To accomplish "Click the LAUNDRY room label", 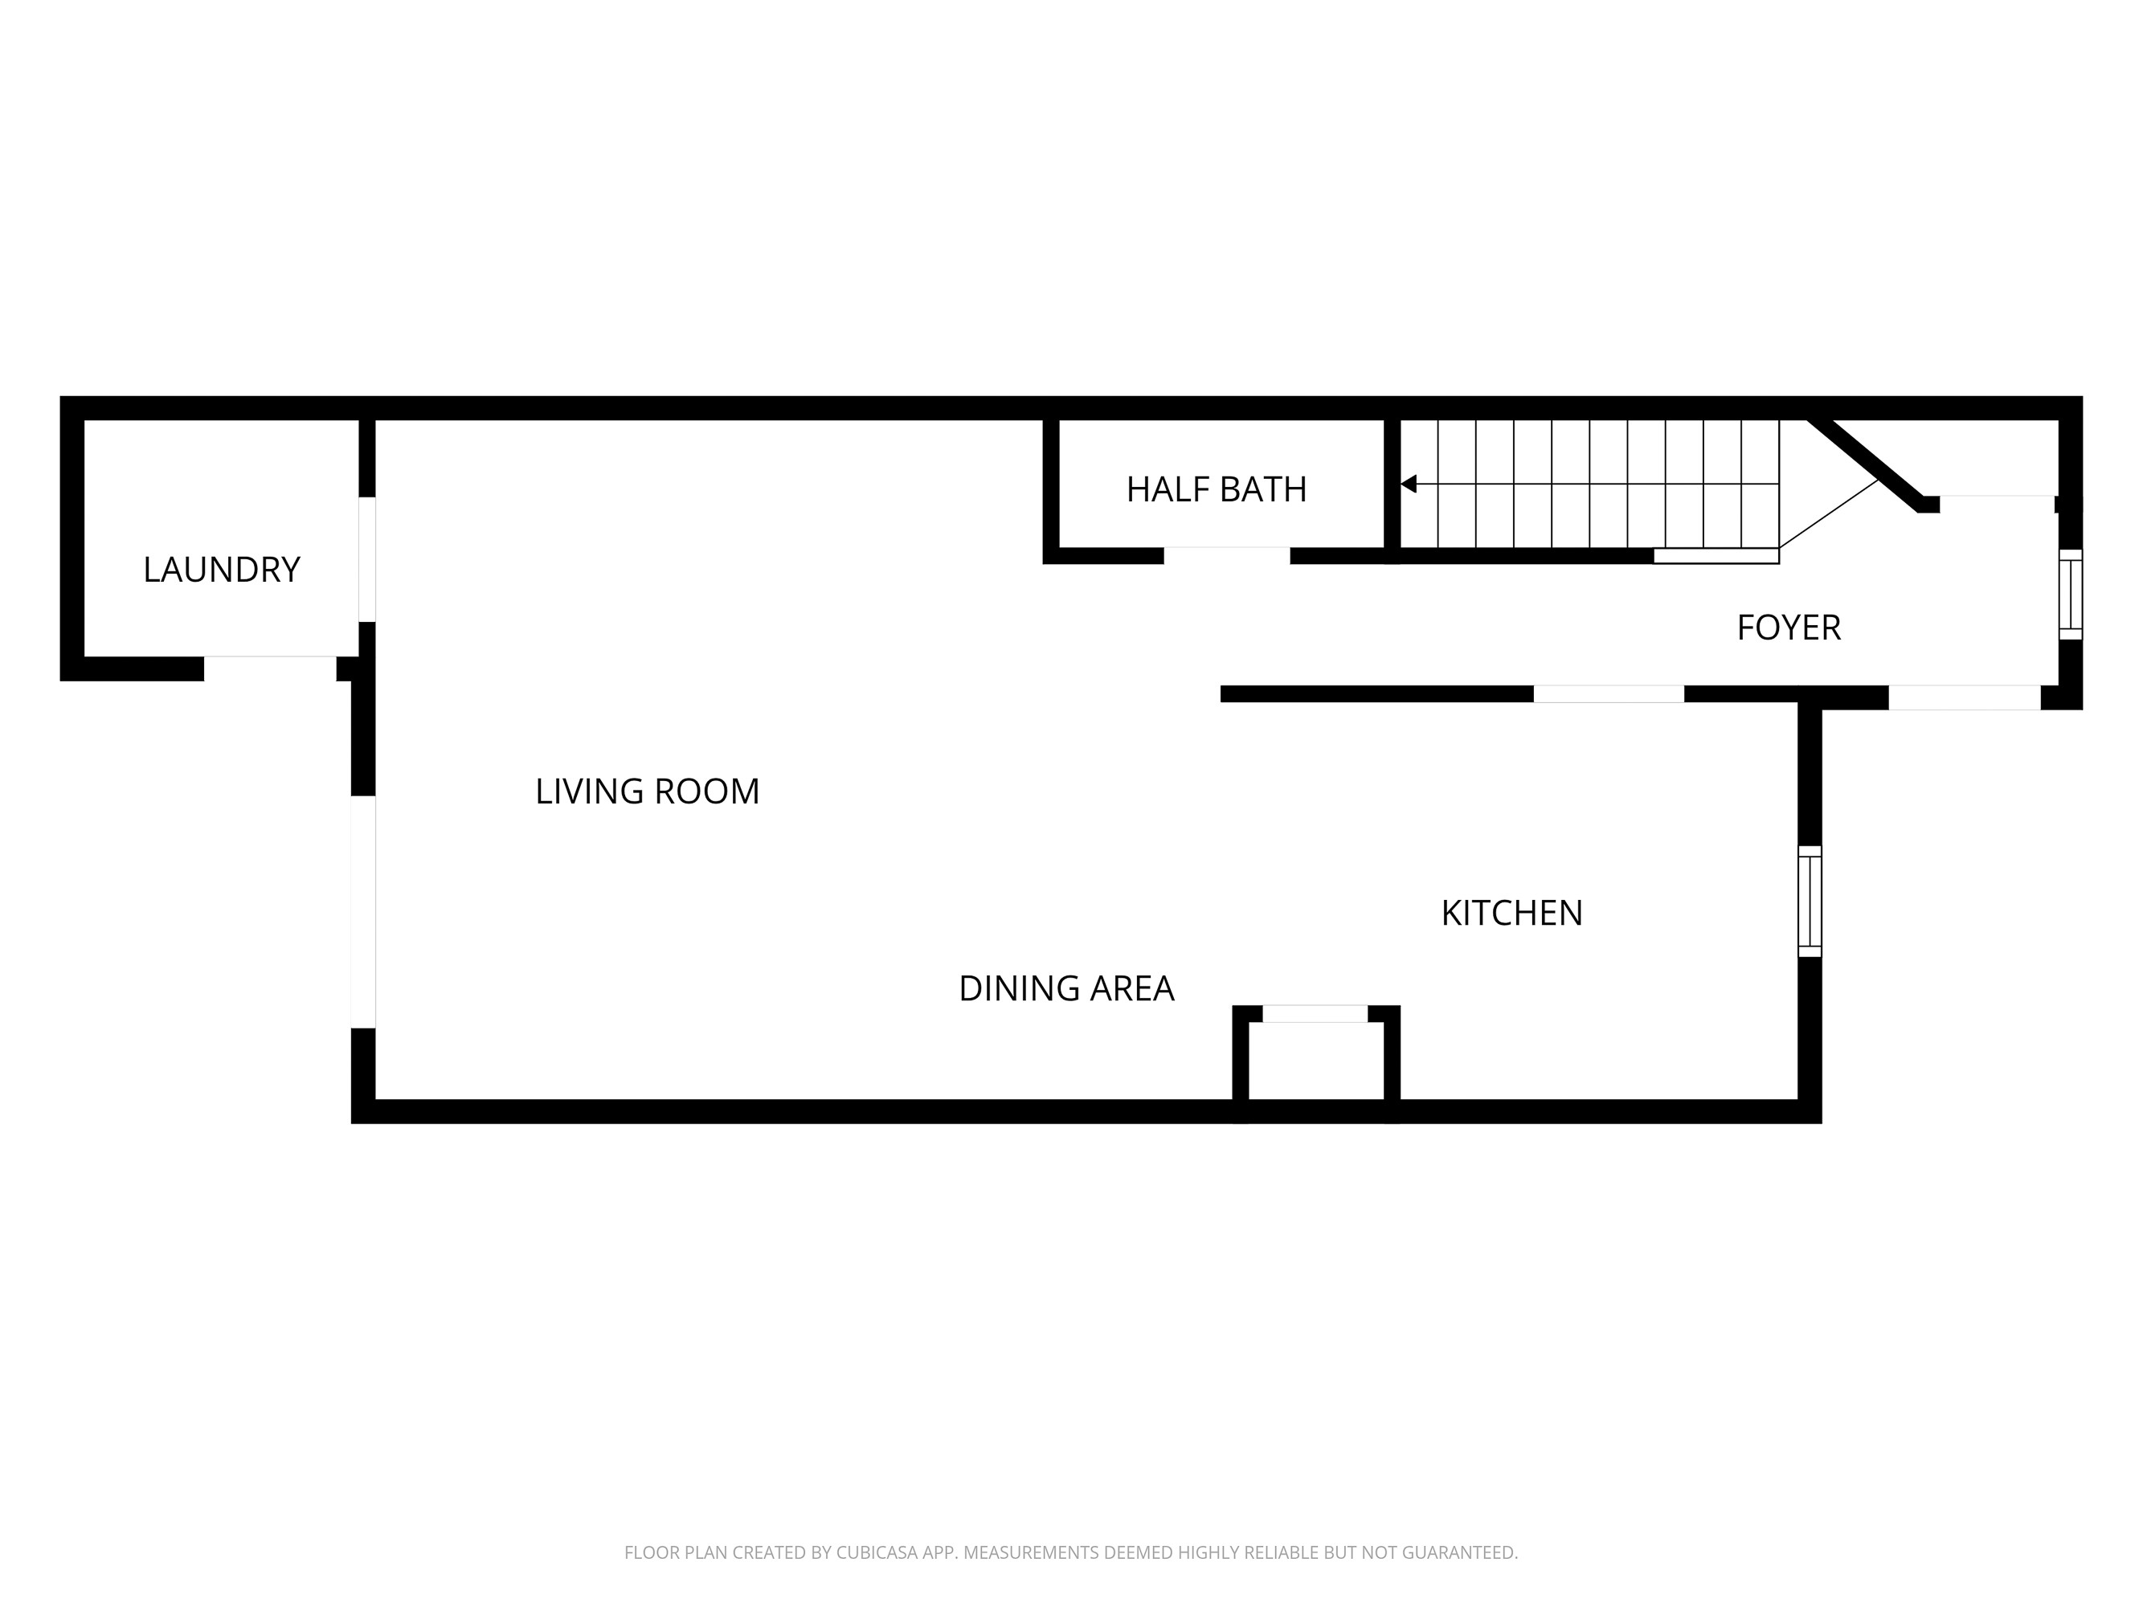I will coord(221,570).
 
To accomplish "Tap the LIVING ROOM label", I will coord(647,791).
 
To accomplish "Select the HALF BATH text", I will coord(1216,489).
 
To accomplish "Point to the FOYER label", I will coord(1789,628).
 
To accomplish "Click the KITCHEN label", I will coord(1511,913).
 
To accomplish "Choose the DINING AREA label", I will coord(1065,988).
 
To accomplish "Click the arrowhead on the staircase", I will coord(1409,484).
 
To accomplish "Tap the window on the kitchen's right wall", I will coord(1809,901).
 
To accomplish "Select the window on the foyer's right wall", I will coord(2069,594).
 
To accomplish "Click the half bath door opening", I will coord(1226,555).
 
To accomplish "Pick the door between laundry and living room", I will coord(366,559).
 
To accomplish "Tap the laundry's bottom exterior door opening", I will coord(269,669).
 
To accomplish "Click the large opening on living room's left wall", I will coord(363,911).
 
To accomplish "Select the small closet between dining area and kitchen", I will coord(1315,1061).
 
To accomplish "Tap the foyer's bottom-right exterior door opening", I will coord(1964,697).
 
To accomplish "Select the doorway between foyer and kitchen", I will coord(1608,693).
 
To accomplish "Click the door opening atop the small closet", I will coord(1315,1014).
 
